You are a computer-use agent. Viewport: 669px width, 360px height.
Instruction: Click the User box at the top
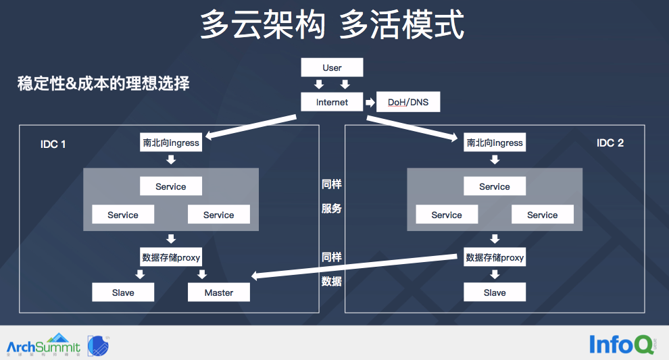(332, 68)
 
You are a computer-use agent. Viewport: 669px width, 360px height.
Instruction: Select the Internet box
(332, 102)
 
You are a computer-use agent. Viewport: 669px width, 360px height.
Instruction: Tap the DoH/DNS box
(408, 103)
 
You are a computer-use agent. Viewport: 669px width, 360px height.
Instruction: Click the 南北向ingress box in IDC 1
(171, 143)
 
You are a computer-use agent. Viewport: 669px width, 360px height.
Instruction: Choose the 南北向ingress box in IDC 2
(495, 143)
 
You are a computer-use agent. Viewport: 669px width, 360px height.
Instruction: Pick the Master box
(218, 292)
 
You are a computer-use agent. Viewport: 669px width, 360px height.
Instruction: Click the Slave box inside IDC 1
(123, 292)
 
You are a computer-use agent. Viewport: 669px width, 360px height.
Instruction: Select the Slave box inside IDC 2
(495, 292)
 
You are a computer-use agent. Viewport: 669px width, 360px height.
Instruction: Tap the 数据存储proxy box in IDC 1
(171, 257)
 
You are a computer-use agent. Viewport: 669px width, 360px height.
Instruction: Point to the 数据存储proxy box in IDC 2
(495, 257)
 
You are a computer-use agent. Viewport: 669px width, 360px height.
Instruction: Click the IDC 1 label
(53, 144)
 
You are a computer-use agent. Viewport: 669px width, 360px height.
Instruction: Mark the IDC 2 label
(610, 143)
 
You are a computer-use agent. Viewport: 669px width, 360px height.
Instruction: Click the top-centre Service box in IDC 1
(171, 186)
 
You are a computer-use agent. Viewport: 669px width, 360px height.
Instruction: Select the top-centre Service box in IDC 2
(495, 186)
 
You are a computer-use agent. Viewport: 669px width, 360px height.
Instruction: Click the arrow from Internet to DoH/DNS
(370, 103)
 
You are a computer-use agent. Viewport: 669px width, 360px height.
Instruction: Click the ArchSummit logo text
(43, 347)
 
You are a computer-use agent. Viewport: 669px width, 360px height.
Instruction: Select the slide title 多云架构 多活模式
(332, 26)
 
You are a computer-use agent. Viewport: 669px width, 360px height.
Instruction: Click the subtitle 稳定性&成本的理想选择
(103, 84)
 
